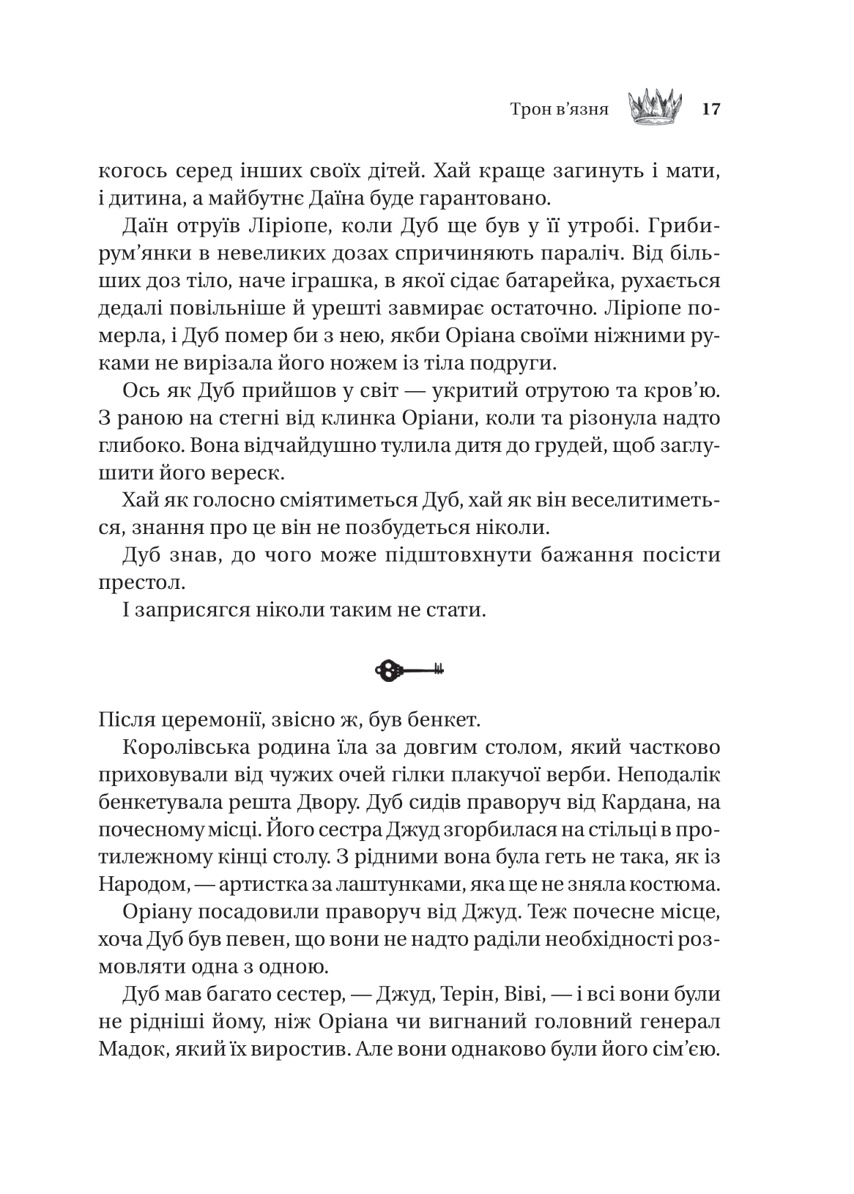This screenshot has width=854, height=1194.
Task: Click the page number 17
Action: [711, 110]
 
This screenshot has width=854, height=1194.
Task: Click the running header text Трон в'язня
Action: [560, 111]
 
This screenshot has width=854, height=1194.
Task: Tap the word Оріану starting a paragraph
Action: [157, 912]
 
